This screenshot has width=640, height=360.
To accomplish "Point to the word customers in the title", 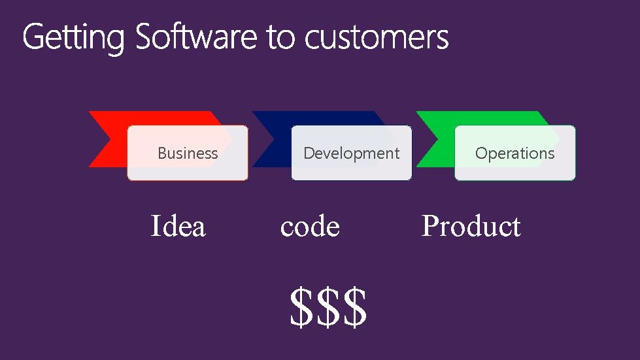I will [377, 38].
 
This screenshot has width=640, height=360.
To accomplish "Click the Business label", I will [188, 154].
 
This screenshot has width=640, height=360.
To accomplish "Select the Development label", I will [351, 154].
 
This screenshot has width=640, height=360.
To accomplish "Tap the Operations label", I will [514, 154].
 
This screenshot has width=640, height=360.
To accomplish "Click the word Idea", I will [178, 227].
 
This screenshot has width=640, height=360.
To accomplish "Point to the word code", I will [310, 227].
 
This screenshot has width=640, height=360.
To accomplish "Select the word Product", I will [471, 227].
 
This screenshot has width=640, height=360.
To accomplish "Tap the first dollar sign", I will [302, 308].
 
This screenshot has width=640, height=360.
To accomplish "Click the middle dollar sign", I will [328, 308].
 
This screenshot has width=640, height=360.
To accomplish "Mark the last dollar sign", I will [354, 308].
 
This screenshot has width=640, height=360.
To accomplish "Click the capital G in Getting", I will [34, 37].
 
